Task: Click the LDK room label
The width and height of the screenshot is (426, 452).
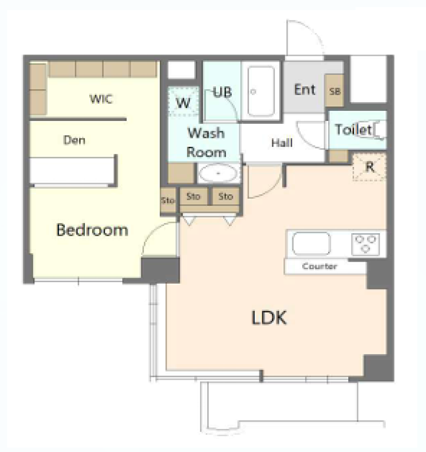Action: [x=269, y=318]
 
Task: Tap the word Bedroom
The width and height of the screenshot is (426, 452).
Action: [x=92, y=230]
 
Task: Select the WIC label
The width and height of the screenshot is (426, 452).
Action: [x=101, y=99]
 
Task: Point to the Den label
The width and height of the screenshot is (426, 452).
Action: [x=74, y=140]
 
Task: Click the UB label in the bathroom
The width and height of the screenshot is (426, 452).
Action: [x=222, y=92]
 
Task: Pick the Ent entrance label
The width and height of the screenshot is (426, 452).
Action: [x=305, y=90]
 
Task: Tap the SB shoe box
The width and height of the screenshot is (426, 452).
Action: [x=334, y=91]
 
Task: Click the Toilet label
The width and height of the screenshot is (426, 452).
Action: [x=353, y=130]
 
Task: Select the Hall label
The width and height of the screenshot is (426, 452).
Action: [x=282, y=143]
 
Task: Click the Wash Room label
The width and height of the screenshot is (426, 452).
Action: [x=206, y=143]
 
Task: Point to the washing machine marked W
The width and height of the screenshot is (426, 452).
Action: [x=183, y=102]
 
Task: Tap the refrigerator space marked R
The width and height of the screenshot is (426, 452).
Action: [x=369, y=167]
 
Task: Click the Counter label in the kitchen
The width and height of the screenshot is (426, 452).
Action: [x=319, y=266]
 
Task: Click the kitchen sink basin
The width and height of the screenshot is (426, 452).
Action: [x=311, y=244]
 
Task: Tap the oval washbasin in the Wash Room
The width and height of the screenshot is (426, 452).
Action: [x=218, y=173]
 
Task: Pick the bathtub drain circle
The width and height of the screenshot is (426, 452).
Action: [x=253, y=92]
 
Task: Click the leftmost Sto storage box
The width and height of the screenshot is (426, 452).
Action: [x=168, y=200]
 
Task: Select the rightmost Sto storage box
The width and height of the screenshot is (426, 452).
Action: [x=226, y=196]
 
